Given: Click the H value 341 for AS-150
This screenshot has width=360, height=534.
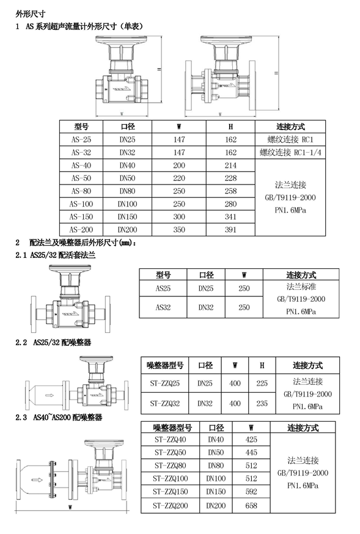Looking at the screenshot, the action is pos(230,217).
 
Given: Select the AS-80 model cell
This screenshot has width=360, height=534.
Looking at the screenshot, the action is pos(81,191).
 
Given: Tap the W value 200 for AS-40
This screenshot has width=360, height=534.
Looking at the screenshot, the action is pos(179,166).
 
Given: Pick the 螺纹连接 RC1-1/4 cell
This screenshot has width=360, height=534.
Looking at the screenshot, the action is pos(290,152).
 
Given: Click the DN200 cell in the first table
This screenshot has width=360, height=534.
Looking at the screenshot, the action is pos(127,230).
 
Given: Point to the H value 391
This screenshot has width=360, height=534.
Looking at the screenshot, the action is pos(230,230).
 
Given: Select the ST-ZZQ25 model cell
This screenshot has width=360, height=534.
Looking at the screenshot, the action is pos(165,384).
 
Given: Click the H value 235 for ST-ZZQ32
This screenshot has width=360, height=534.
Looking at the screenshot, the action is pos(262,404).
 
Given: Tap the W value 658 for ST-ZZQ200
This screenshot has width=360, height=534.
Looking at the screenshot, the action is pos(251,506).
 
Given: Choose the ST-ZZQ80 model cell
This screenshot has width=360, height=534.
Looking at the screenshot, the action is pos(171,466).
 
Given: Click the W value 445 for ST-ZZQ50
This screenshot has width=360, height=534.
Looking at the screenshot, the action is pos(251,453).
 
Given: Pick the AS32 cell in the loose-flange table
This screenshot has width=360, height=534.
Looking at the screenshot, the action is pos(163,307).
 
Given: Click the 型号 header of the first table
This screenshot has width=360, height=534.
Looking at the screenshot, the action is pos(81,126).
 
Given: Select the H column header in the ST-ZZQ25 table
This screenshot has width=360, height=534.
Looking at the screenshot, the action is pos(262,365).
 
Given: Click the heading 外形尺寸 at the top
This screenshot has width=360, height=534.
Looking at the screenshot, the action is pos(31,14).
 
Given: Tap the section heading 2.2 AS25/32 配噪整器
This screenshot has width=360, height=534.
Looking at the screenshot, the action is pos(53,343).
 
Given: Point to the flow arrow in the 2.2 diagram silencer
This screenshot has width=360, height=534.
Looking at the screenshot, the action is pos(50,395).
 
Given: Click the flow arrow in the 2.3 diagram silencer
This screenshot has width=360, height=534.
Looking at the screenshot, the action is pos(37,480).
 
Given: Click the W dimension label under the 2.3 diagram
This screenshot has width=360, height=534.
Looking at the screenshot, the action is pos(70,508).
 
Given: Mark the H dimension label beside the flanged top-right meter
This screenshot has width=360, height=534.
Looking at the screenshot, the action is pos(276,73).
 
